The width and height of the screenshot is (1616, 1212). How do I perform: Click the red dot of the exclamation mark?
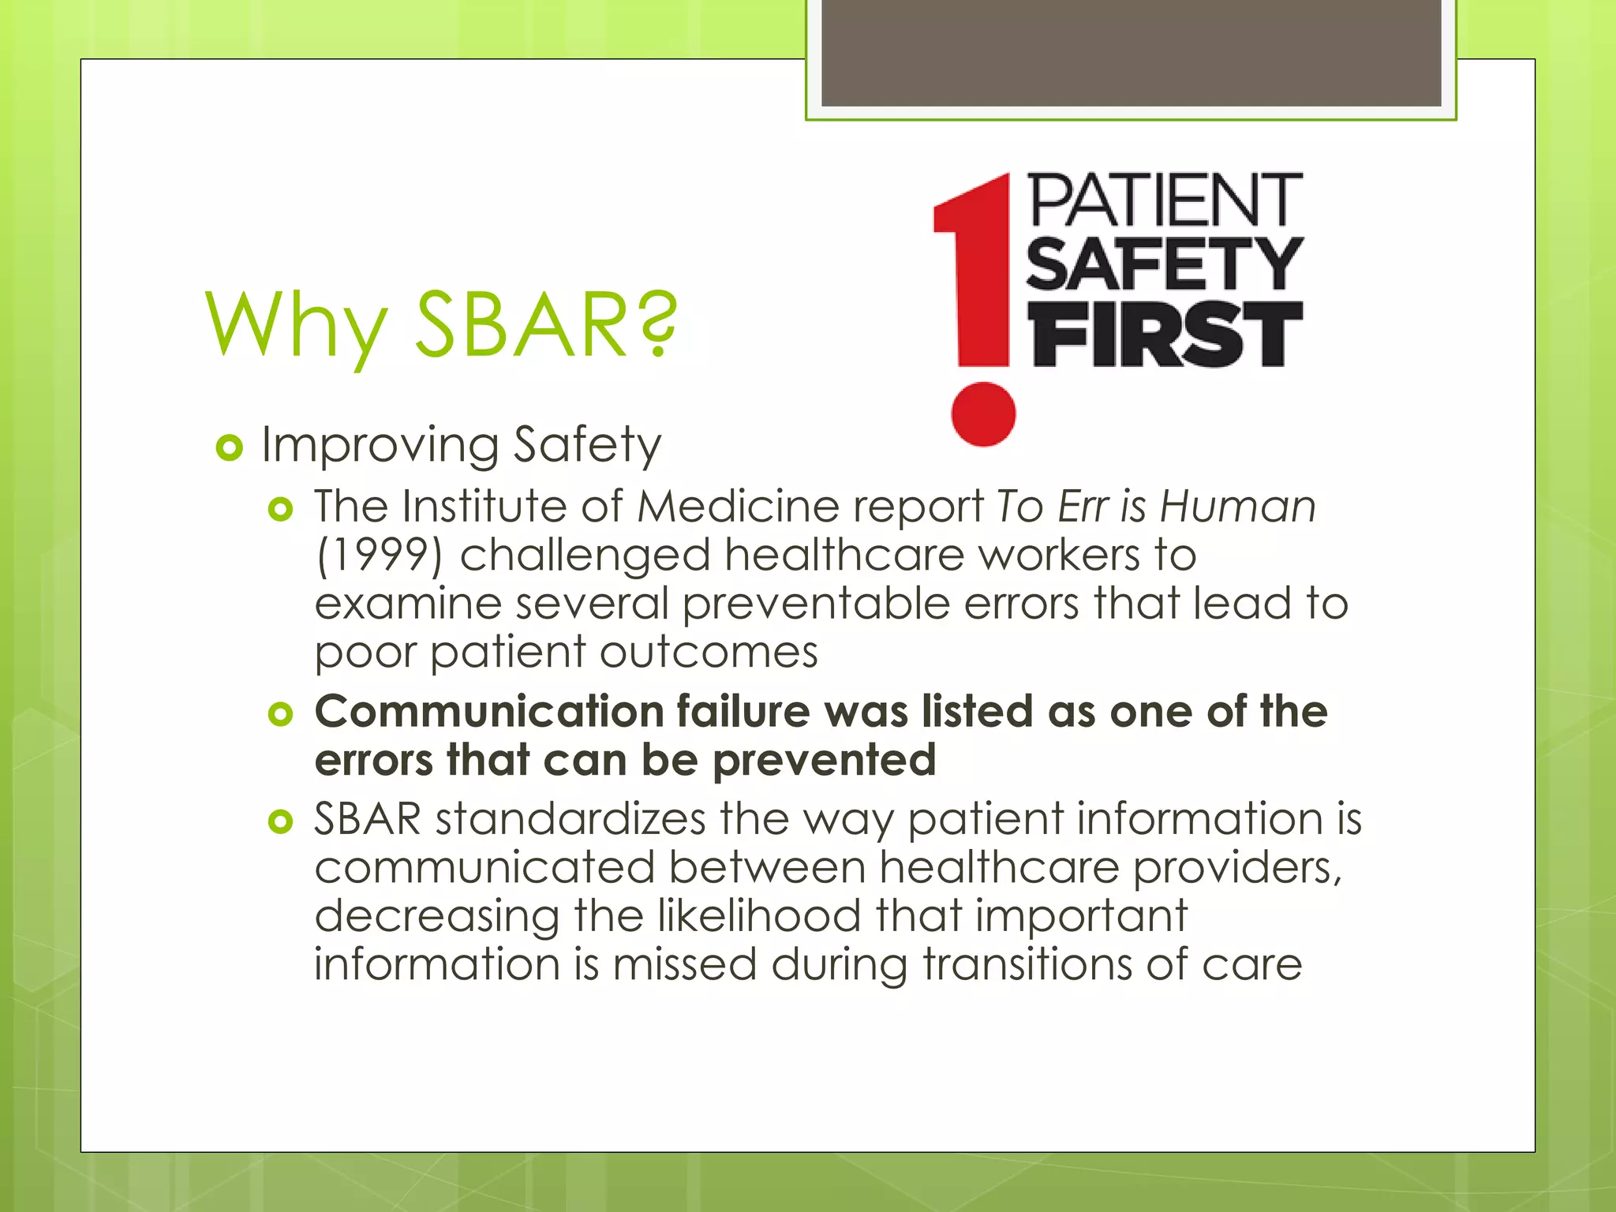click(x=983, y=414)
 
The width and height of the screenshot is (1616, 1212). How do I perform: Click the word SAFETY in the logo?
click(x=1165, y=265)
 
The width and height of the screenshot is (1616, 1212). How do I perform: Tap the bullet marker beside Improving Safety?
click(x=229, y=448)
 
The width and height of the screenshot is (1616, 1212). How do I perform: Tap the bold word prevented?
click(x=824, y=761)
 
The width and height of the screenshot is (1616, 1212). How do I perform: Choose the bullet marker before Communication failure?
click(x=281, y=715)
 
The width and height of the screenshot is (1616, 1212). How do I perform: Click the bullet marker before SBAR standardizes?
click(x=281, y=822)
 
